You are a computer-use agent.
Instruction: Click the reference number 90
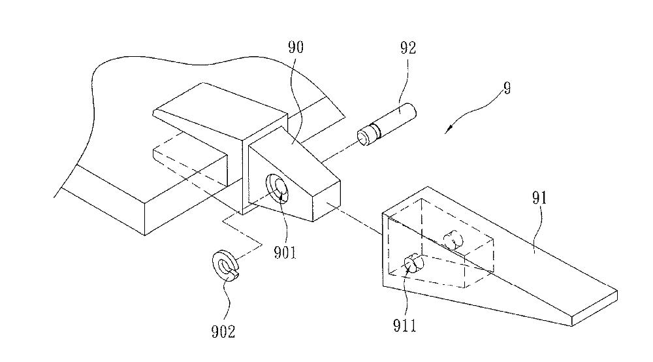(296, 48)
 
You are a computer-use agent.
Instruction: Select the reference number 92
(408, 48)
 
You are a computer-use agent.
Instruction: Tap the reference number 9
(507, 88)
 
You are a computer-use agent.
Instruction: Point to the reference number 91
(539, 198)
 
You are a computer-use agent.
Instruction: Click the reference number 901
(285, 252)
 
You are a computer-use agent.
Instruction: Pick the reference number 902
(223, 331)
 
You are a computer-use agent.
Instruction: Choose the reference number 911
(405, 325)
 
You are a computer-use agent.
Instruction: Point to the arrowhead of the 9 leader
(447, 131)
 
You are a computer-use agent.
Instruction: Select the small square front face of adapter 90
(327, 201)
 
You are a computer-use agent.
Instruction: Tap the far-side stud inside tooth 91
(453, 240)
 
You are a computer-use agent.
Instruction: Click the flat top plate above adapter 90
(221, 111)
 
